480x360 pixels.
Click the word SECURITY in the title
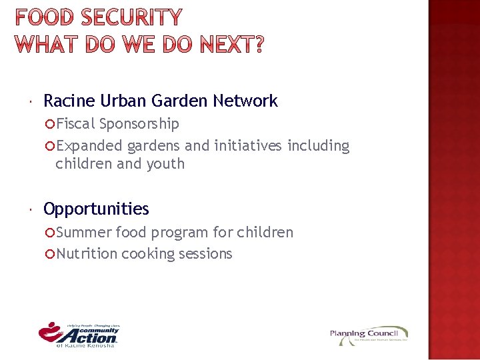tap(132, 17)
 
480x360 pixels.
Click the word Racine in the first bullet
tap(69, 101)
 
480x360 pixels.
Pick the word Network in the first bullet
tap(245, 101)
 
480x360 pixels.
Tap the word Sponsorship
tap(139, 124)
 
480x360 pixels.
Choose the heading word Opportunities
tap(96, 209)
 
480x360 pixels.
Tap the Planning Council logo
tap(369, 335)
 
